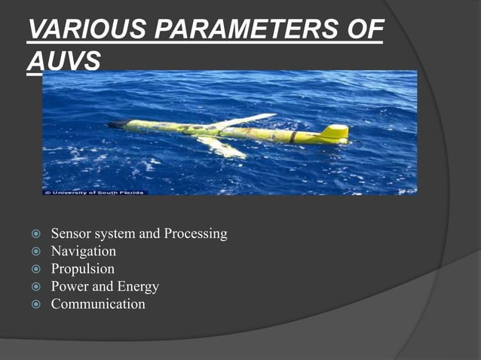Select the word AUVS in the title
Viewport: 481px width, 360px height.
tap(63, 62)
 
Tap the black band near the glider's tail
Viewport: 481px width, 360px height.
tap(294, 136)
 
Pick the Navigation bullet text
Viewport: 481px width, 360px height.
tap(84, 252)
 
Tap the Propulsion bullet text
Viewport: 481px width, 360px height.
tap(83, 269)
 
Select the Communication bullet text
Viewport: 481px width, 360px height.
tap(98, 304)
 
